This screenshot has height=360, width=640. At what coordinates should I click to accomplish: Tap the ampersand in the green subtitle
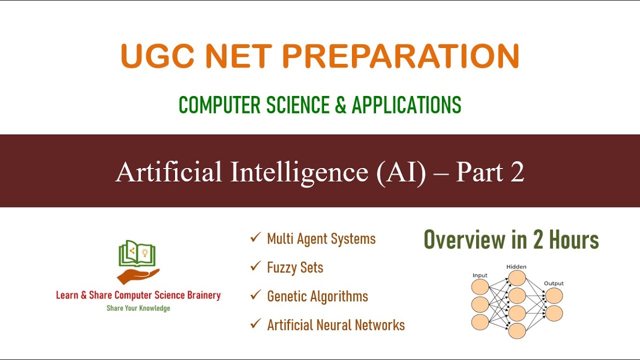[340, 105]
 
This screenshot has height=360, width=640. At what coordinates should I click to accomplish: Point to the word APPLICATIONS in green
[406, 105]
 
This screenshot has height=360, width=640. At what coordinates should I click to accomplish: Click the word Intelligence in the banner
[299, 172]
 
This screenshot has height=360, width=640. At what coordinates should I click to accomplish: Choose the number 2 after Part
[517, 172]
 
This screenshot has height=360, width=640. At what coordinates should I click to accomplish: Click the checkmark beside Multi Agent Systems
[255, 238]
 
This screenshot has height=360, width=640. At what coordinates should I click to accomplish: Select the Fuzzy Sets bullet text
[295, 267]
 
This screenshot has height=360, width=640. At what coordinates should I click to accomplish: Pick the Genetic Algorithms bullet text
[317, 296]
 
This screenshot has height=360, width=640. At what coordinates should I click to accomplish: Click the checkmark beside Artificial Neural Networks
[255, 324]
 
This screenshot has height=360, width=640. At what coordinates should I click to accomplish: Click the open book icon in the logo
[137, 253]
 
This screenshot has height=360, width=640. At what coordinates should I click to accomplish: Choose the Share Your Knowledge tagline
[138, 308]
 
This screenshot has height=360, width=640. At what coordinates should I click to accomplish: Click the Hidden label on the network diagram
[516, 267]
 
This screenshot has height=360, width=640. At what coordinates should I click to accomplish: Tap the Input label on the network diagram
[480, 275]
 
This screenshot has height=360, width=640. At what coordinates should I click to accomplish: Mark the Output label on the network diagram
[553, 283]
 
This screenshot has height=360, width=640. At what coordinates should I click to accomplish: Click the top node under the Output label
[554, 295]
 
